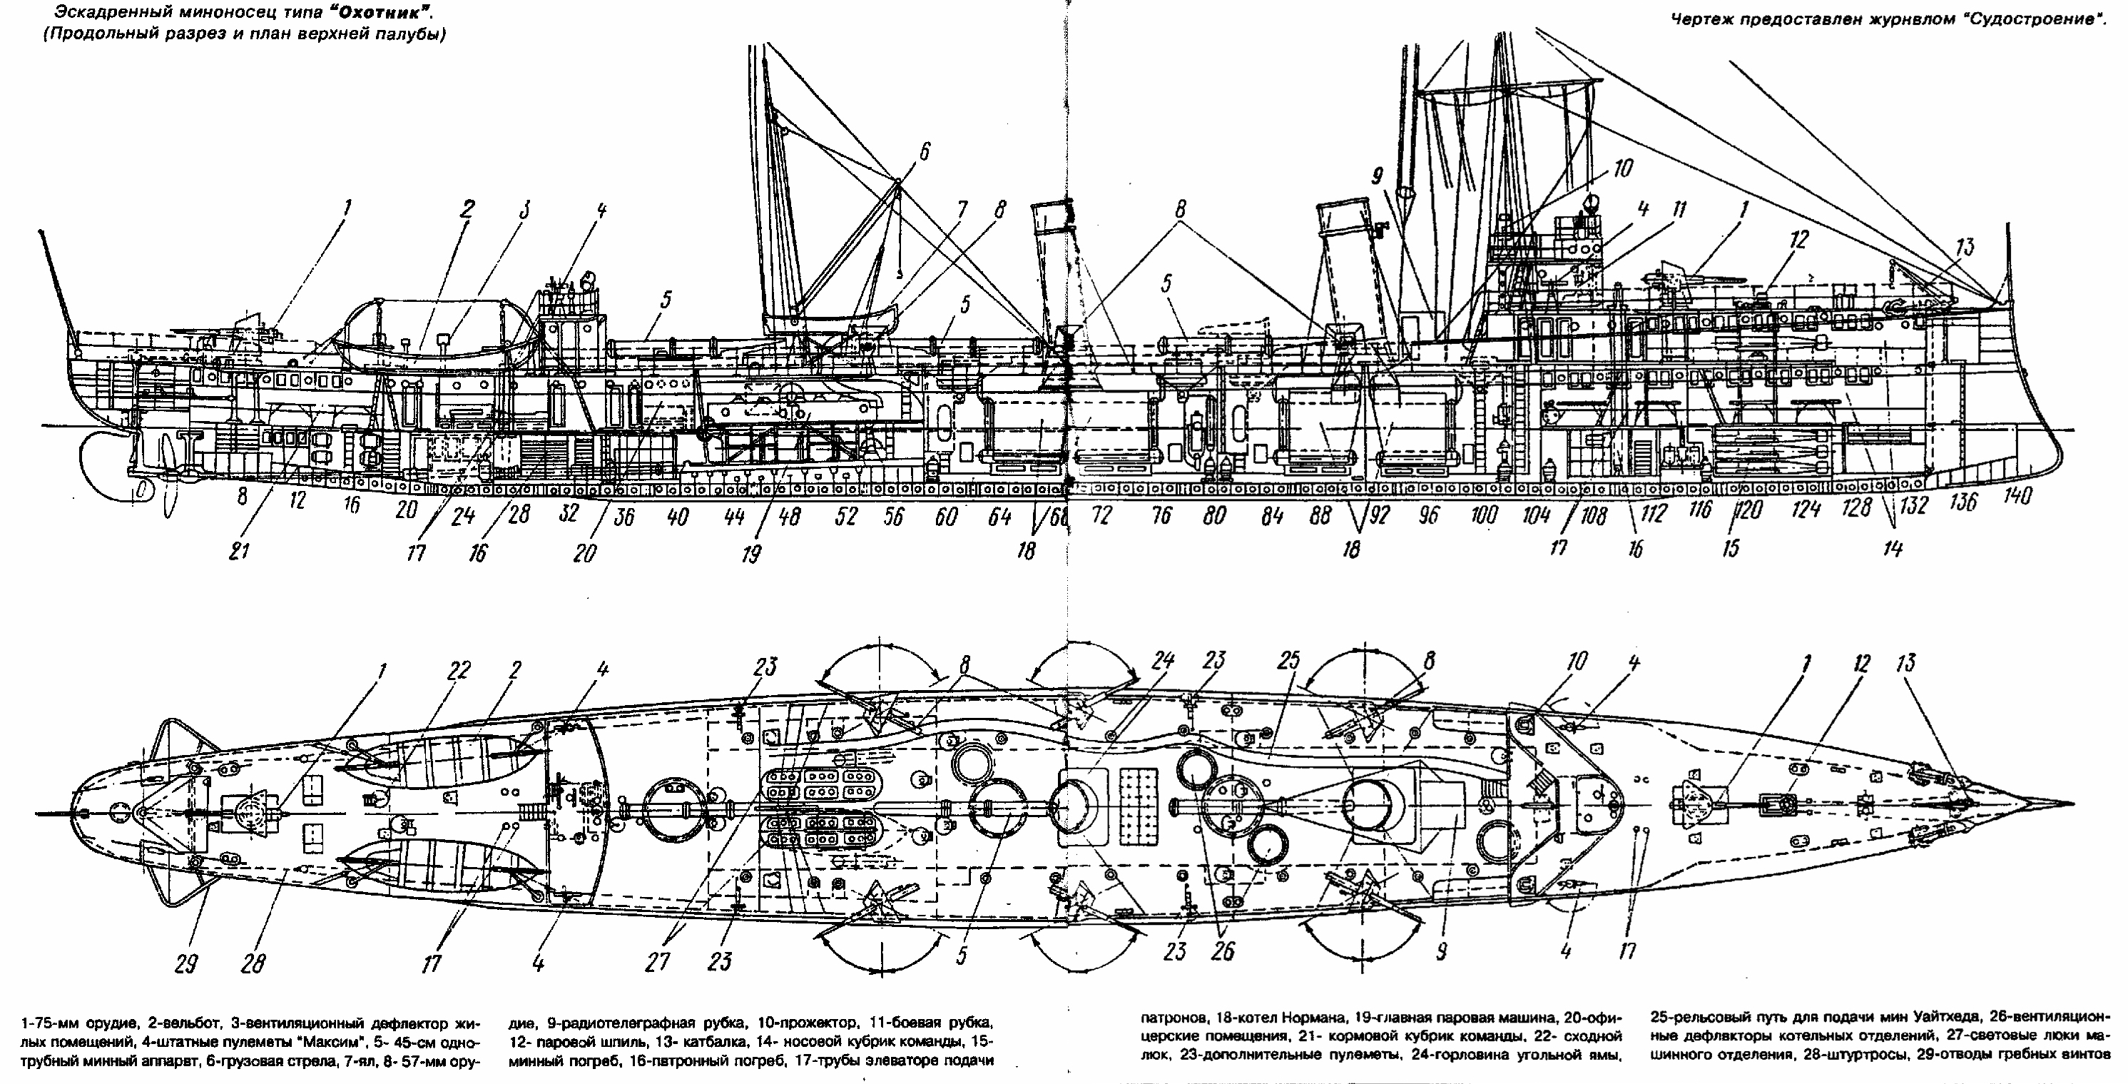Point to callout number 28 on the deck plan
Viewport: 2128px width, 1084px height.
(x=255, y=963)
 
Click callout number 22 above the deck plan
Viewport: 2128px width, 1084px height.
(x=459, y=671)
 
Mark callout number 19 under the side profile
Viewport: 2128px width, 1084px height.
(x=751, y=552)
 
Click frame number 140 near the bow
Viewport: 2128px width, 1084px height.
(x=2017, y=497)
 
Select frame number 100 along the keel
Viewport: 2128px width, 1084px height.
(x=1484, y=515)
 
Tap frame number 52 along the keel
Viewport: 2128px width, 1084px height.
(x=845, y=517)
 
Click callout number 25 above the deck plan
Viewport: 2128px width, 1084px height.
(x=1288, y=661)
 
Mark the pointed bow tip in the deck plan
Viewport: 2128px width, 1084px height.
(x=2070, y=803)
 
